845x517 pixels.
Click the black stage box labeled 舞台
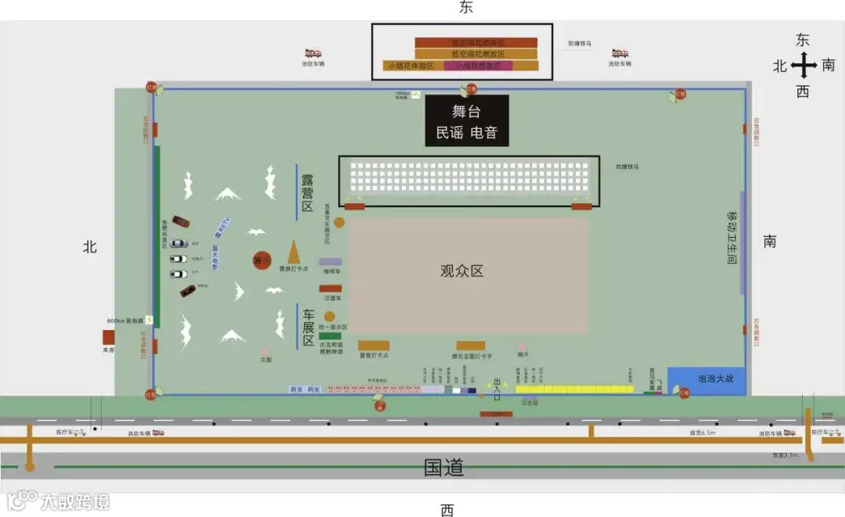(x=467, y=120)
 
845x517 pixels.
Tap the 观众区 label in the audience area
(x=462, y=271)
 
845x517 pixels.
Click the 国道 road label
(x=444, y=468)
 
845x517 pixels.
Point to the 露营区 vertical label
(x=307, y=192)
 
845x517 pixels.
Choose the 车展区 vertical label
(x=308, y=328)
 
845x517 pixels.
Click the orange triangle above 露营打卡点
(x=294, y=252)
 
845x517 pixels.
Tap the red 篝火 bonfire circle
(x=261, y=260)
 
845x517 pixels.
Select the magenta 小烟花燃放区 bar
(x=478, y=66)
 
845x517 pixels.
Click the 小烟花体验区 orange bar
(x=412, y=66)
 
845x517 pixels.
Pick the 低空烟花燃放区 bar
(x=476, y=54)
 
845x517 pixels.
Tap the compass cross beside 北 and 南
(x=803, y=66)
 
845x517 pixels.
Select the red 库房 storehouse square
(x=109, y=337)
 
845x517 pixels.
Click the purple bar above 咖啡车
(x=330, y=262)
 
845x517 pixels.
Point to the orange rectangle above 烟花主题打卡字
(x=470, y=346)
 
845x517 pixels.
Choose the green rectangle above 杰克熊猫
(x=329, y=336)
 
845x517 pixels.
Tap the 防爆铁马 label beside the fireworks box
(x=581, y=44)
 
